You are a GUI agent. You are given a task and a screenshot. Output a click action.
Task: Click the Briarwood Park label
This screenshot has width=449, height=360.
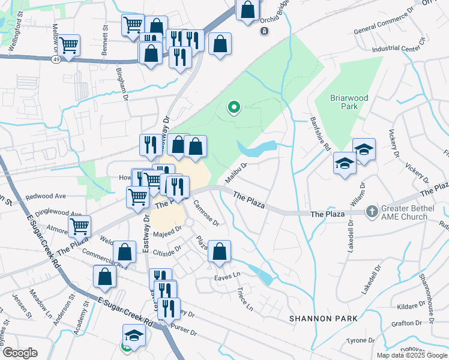349,101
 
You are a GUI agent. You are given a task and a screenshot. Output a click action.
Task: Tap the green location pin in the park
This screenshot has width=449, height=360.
234,108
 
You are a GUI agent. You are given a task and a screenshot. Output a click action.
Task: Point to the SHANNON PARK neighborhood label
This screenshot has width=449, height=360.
324,318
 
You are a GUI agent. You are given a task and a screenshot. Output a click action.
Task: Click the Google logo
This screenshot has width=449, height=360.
21,352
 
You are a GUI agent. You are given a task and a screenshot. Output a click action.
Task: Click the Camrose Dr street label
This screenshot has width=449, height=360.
207,214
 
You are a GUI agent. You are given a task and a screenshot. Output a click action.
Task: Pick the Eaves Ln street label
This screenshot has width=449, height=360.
228,277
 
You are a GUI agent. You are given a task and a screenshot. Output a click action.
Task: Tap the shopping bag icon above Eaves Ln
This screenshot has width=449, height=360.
220,252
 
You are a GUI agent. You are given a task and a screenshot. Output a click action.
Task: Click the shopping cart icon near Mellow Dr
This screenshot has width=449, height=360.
69,45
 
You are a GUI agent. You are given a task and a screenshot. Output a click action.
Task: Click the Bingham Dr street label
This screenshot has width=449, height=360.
122,82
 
